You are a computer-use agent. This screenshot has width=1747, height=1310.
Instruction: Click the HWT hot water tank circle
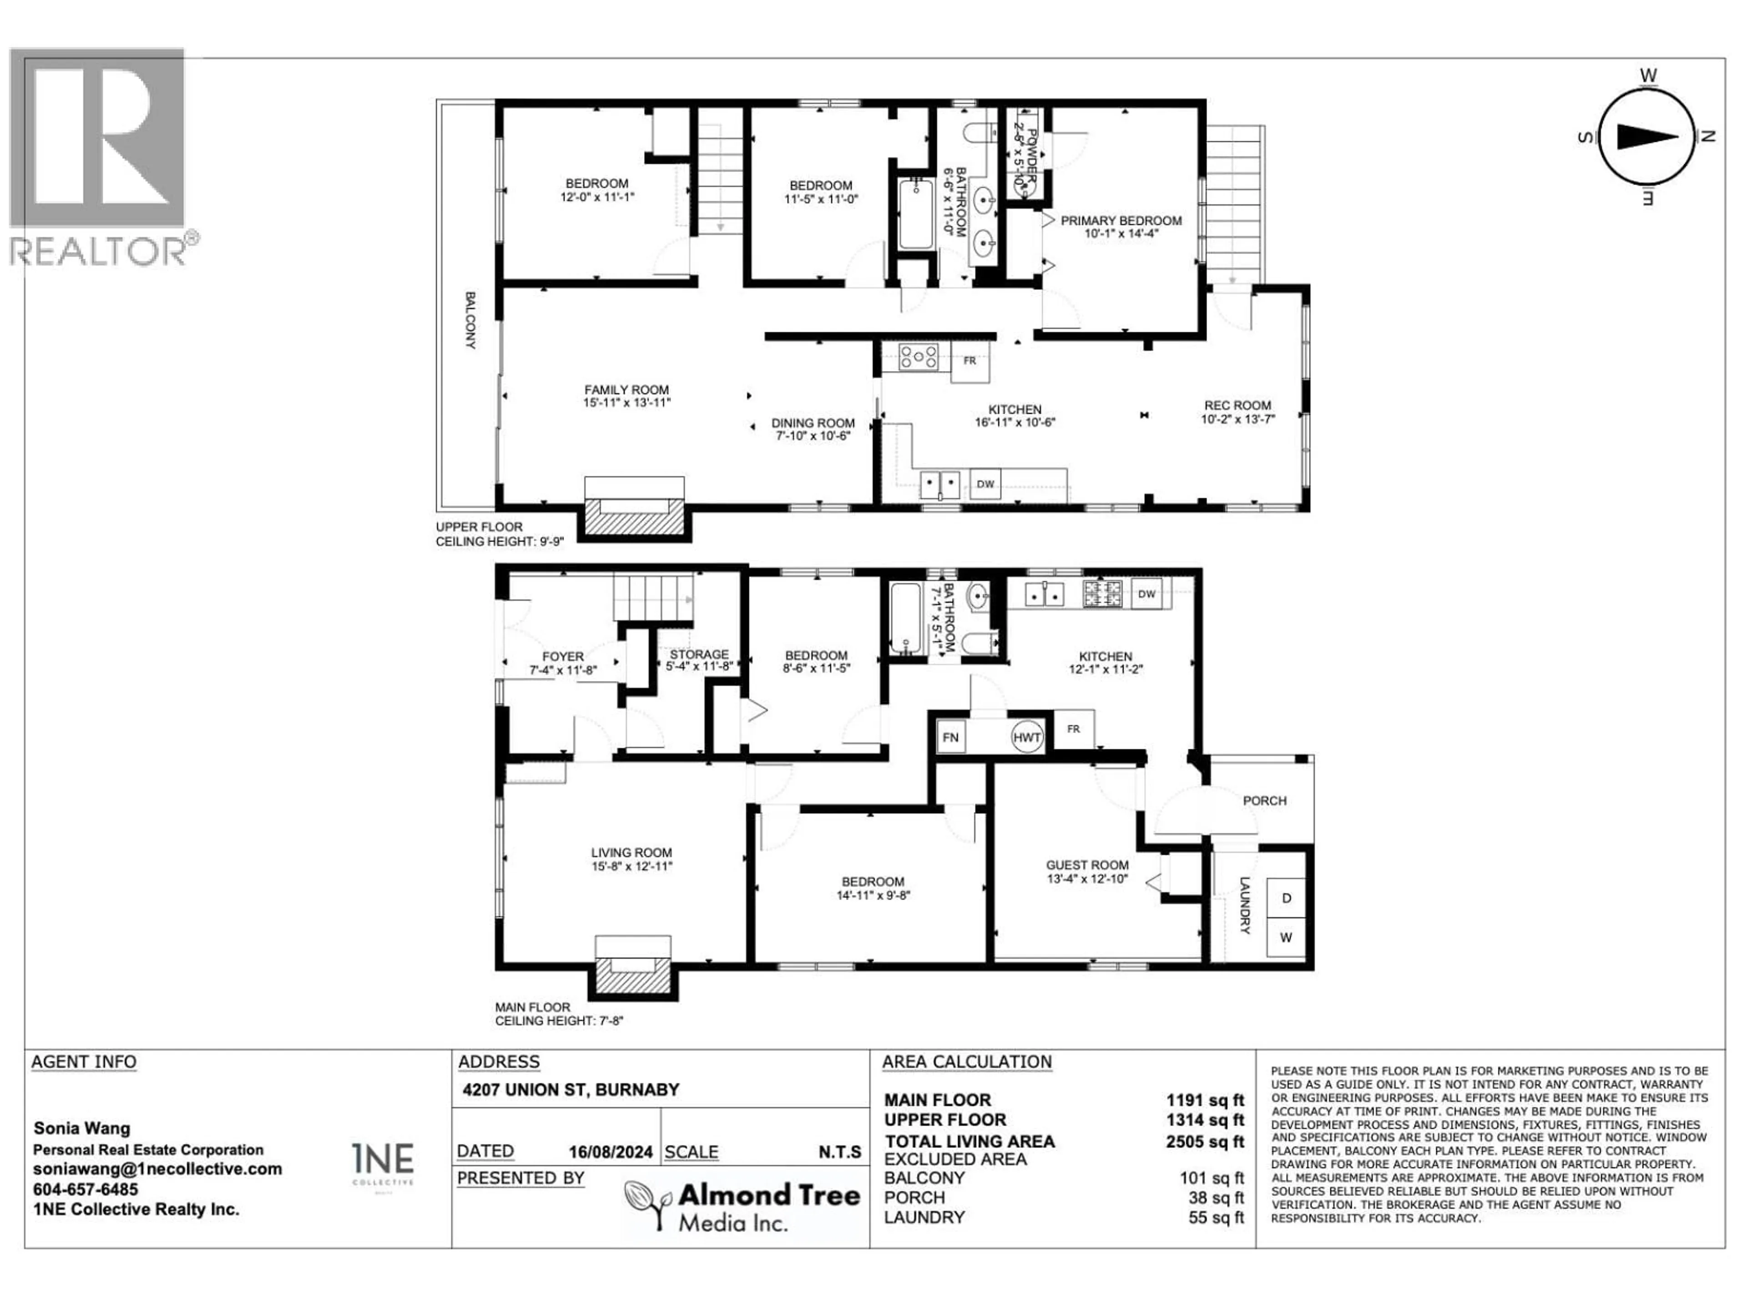click(1027, 737)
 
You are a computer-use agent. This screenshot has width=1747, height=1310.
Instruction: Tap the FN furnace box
click(950, 737)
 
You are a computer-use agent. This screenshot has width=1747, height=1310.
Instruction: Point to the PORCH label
click(1264, 801)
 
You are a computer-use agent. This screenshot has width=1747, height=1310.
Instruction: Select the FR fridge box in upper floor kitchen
click(970, 361)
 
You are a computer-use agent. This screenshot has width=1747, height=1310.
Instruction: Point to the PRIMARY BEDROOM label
click(1121, 221)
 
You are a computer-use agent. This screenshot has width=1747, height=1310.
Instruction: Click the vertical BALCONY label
click(470, 320)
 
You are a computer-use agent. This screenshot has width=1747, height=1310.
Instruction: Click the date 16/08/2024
click(611, 1152)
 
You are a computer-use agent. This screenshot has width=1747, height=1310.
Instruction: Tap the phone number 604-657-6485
click(85, 1189)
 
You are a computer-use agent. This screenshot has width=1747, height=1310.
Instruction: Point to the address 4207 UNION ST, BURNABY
click(570, 1090)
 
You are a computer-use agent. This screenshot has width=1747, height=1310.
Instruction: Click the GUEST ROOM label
click(1087, 865)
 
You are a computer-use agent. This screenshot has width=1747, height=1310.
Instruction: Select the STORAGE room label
click(699, 655)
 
